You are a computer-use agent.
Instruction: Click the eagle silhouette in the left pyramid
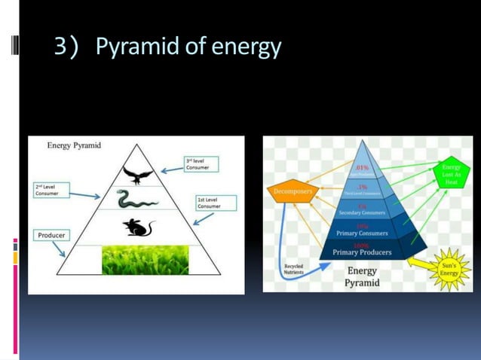pyautogui.click(x=136, y=175)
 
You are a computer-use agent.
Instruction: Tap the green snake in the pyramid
pyautogui.click(x=136, y=200)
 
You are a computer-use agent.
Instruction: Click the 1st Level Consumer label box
pyautogui.click(x=216, y=203)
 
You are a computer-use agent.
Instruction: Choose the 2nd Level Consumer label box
pyautogui.click(x=51, y=190)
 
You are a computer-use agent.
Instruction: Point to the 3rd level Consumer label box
pyautogui.click(x=202, y=164)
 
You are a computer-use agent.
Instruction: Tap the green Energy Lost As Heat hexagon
pyautogui.click(x=451, y=175)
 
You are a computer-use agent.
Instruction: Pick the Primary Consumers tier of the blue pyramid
pyautogui.click(x=362, y=231)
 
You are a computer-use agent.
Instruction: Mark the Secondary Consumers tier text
pyautogui.click(x=362, y=212)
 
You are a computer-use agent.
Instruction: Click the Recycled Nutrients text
pyautogui.click(x=294, y=270)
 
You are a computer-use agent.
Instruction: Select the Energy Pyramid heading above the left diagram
pyautogui.click(x=75, y=145)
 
